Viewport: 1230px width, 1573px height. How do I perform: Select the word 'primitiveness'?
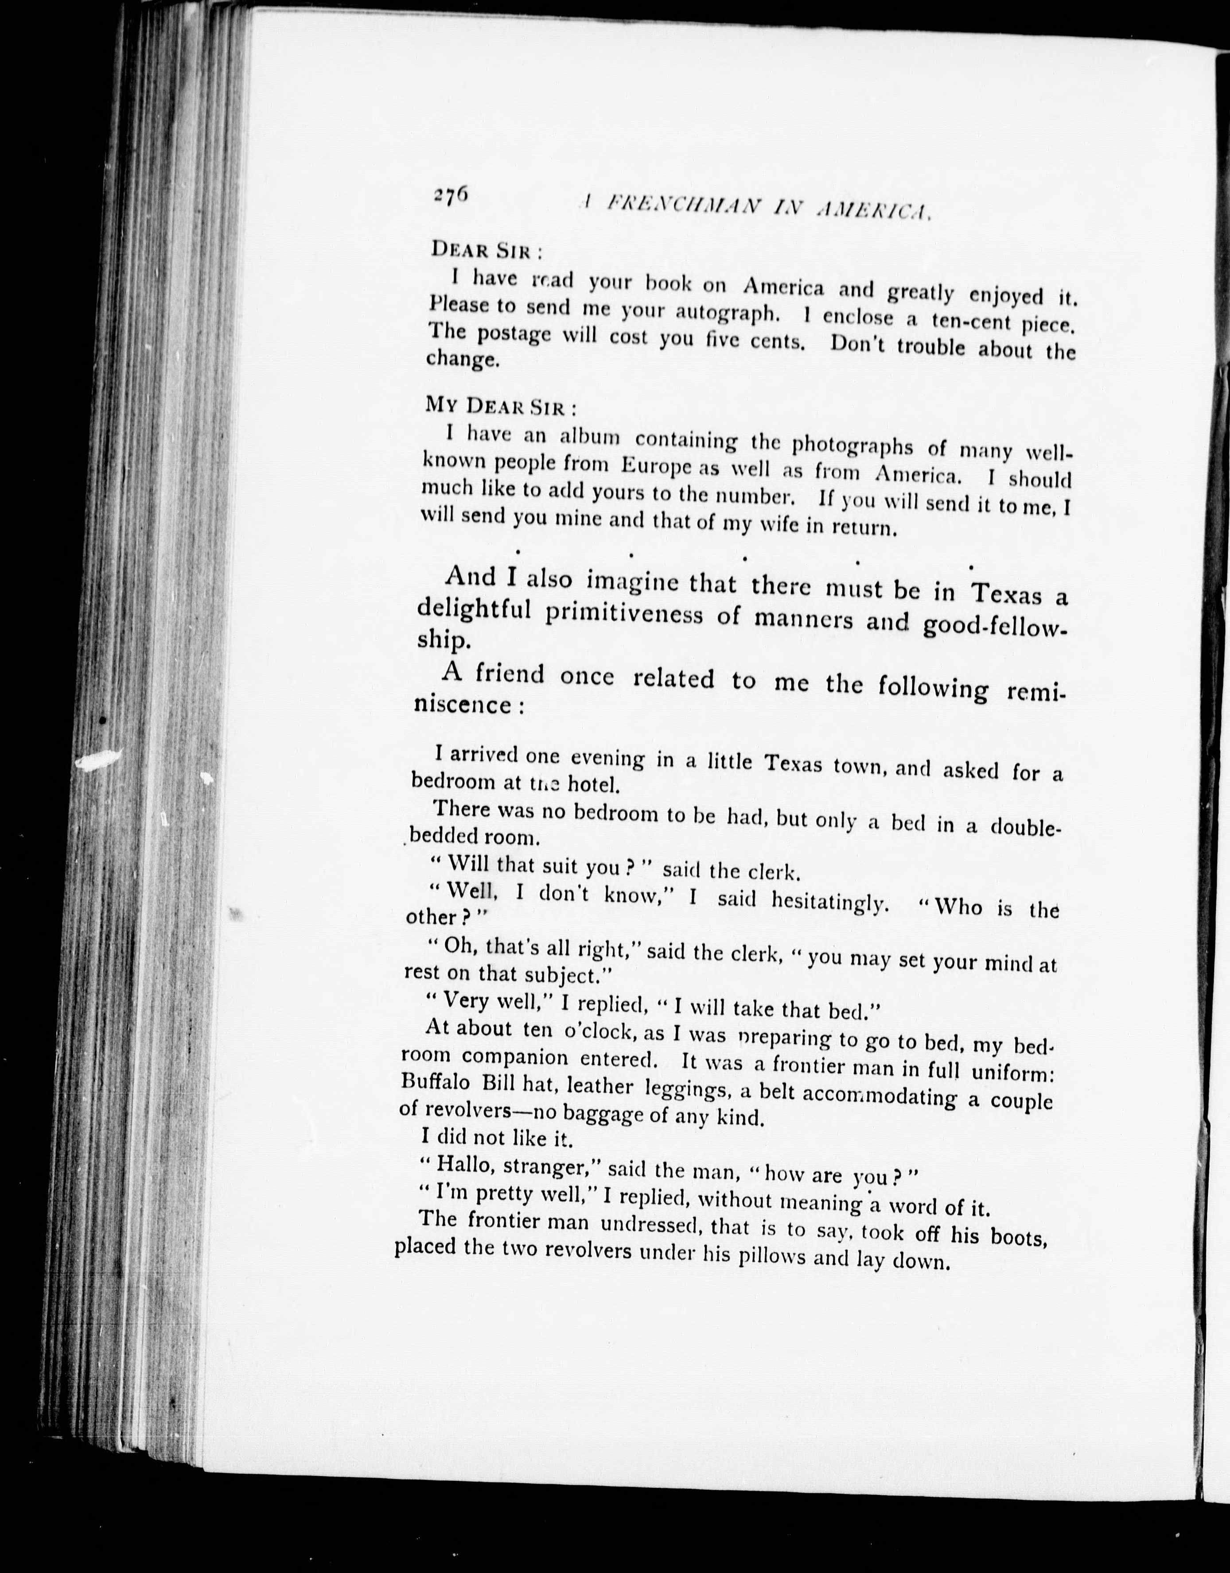click(623, 614)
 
